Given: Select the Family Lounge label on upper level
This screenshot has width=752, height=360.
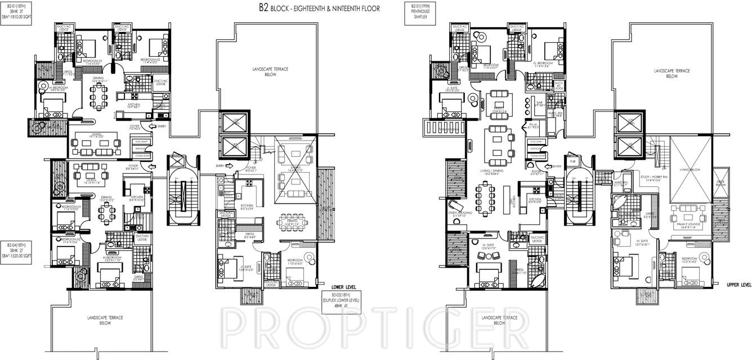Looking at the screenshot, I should point(689,226).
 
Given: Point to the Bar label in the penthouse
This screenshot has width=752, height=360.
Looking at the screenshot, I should point(538,103).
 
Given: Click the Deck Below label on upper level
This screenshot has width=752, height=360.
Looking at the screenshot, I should point(720,183).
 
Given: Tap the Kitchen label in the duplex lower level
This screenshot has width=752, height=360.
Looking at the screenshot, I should point(246,206).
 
